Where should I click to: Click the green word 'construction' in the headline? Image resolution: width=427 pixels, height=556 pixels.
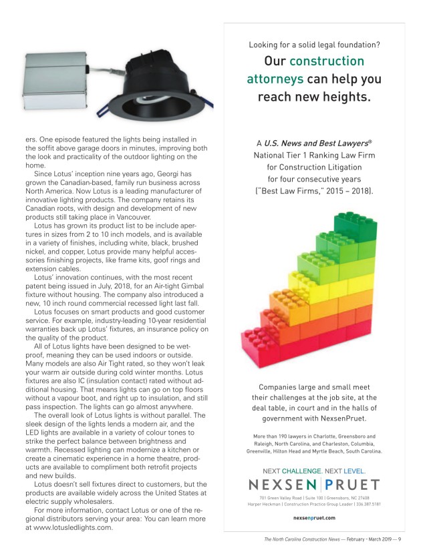(x=327, y=61)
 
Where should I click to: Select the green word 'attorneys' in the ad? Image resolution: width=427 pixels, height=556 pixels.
(x=275, y=79)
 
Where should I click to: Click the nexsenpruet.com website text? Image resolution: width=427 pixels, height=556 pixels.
(x=314, y=517)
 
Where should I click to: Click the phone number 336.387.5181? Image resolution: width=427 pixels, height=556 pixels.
(x=368, y=504)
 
